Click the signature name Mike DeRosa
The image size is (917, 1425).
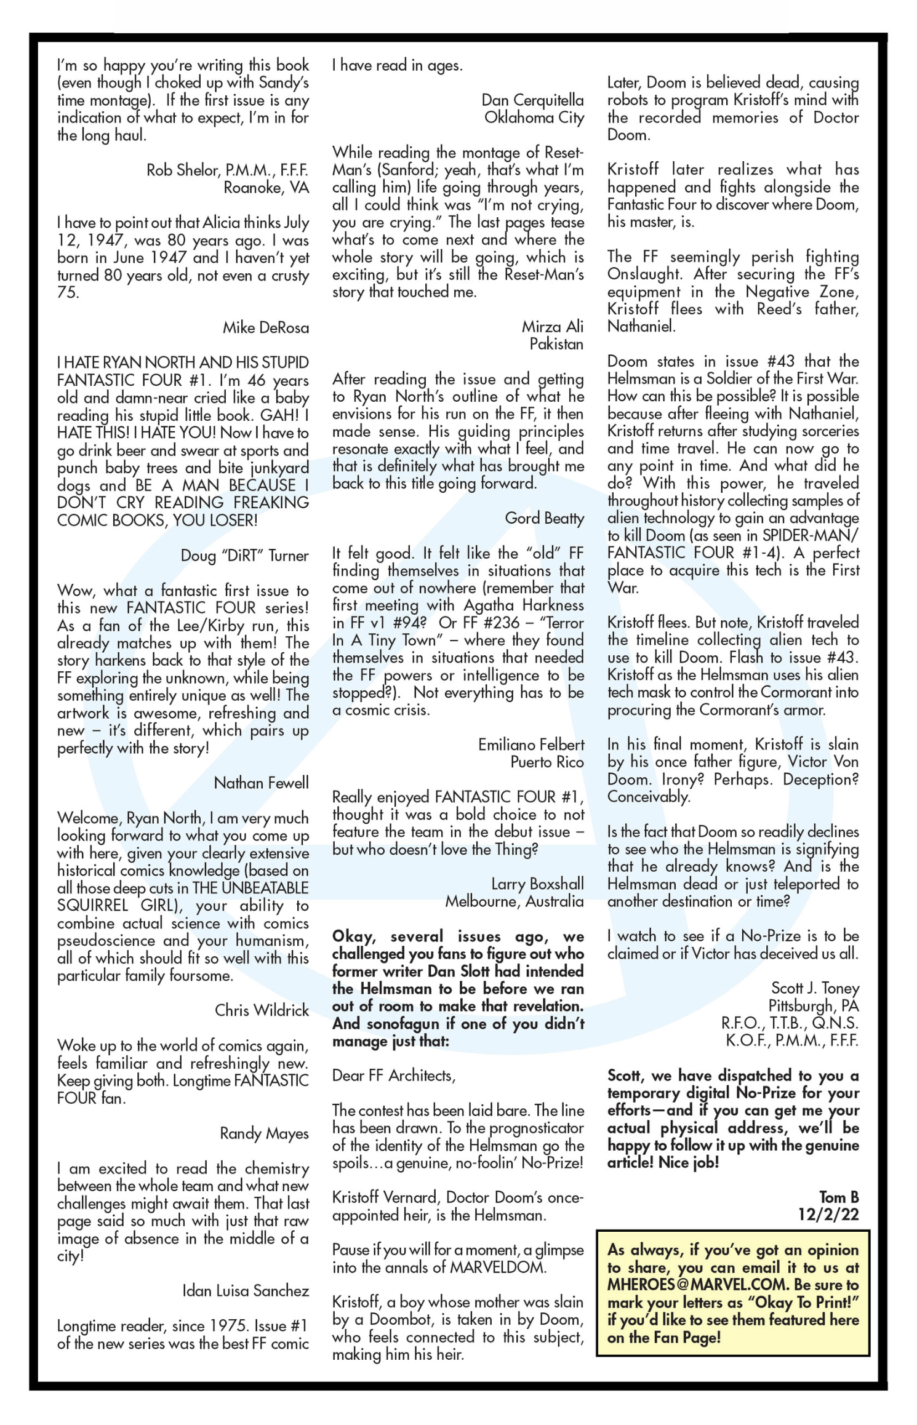pos(265,328)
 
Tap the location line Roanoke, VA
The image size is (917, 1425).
pos(266,188)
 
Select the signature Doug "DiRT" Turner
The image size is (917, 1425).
pos(244,556)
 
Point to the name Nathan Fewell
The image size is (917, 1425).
pos(261,783)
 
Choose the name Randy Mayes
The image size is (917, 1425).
pos(264,1133)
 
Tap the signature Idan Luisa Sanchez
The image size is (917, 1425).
pos(246,1290)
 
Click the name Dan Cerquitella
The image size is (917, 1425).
pos(532,100)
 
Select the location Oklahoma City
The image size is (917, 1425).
pos(534,118)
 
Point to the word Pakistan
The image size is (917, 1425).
pos(556,344)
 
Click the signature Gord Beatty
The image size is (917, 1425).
pos(544,518)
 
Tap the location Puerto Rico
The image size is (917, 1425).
pos(547,762)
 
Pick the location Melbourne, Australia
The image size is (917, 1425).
pos(515,901)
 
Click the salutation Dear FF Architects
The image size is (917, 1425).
pos(393,1076)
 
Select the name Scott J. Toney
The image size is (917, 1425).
pos(815,988)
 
